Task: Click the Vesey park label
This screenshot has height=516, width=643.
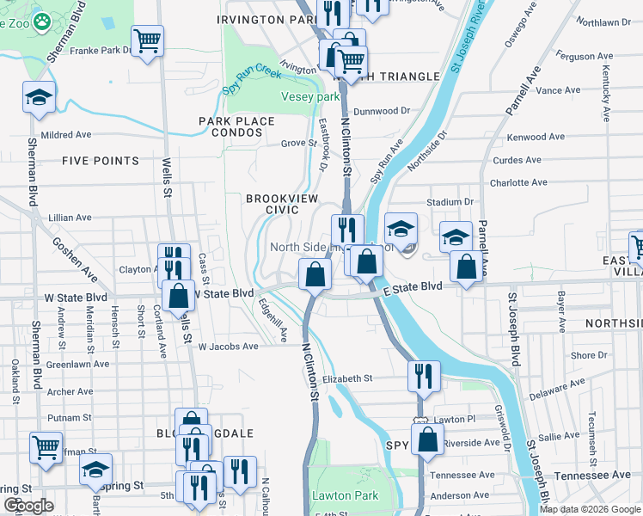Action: (310, 97)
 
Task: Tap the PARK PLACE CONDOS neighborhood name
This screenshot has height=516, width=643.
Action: (236, 127)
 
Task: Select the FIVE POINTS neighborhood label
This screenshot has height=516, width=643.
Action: (101, 161)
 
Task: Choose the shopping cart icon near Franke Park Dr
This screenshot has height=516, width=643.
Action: (148, 40)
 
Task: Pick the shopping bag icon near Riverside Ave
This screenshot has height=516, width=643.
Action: (427, 439)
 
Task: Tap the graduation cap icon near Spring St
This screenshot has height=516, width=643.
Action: (96, 469)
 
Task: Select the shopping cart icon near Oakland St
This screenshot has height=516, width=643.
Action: (46, 446)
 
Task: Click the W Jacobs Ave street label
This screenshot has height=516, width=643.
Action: (228, 347)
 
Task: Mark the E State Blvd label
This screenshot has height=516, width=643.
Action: (413, 286)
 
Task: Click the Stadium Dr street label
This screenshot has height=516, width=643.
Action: (450, 202)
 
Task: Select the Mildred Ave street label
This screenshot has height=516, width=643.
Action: (66, 135)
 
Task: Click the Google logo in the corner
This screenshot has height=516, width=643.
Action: (28, 506)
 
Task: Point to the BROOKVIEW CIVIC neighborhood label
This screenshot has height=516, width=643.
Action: (272, 204)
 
